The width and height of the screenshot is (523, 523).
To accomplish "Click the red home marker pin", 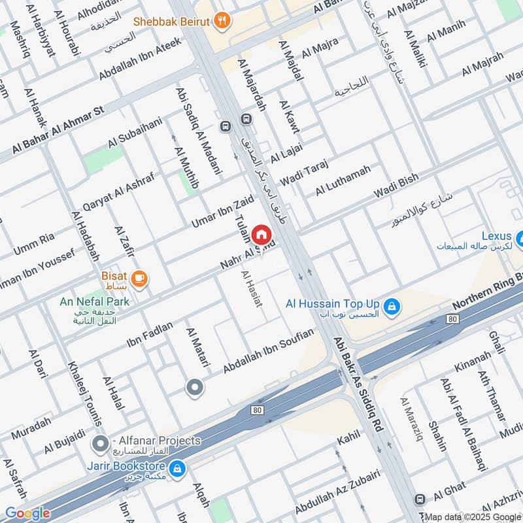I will click(261, 234).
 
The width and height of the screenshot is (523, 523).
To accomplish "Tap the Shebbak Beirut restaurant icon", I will click(223, 21).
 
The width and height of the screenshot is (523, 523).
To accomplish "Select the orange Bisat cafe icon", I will click(139, 279).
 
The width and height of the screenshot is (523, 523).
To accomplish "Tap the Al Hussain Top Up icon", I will click(391, 305).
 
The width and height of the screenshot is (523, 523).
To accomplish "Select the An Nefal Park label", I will click(94, 301).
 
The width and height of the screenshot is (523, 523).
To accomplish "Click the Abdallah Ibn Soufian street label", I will click(268, 352).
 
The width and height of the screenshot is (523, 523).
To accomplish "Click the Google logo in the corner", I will click(27, 513).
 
